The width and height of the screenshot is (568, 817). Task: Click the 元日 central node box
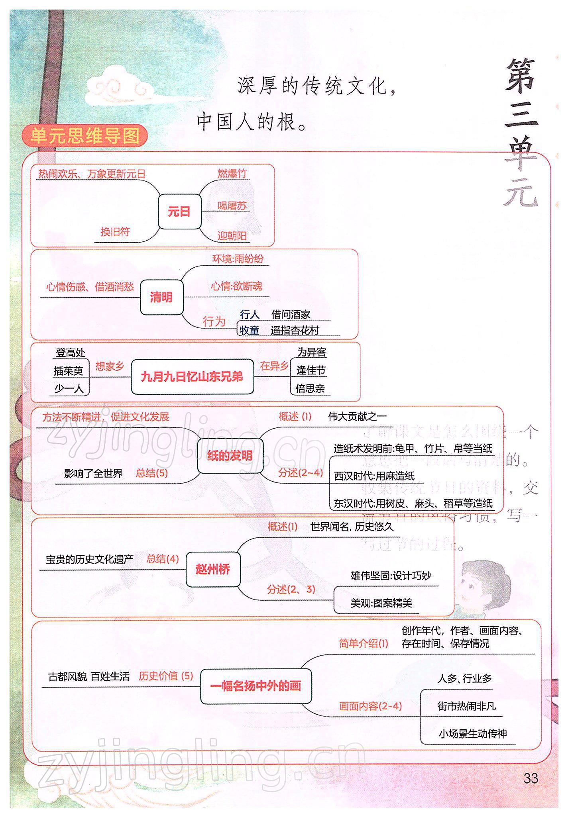click(179, 212)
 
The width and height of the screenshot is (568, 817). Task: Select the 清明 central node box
click(161, 297)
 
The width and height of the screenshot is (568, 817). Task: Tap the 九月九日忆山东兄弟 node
click(192, 377)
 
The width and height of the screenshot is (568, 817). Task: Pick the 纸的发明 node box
click(230, 456)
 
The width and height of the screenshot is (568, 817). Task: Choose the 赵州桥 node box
click(213, 569)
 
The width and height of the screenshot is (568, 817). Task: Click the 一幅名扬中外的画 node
click(256, 686)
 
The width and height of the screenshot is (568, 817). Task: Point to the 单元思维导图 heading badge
click(85, 136)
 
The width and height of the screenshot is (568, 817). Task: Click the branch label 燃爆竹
click(232, 174)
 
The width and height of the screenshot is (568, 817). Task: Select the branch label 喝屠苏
click(232, 206)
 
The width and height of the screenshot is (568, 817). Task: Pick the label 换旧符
click(115, 232)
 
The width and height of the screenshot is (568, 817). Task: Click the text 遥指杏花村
click(295, 330)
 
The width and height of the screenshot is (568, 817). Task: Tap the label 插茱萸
click(69, 371)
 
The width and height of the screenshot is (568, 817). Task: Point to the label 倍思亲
click(310, 388)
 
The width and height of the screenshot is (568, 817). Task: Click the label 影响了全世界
click(93, 473)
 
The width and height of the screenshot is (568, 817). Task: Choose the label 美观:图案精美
click(381, 603)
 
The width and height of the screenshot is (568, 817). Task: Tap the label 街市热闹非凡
click(466, 706)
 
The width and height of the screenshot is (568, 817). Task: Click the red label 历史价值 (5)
click(166, 676)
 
